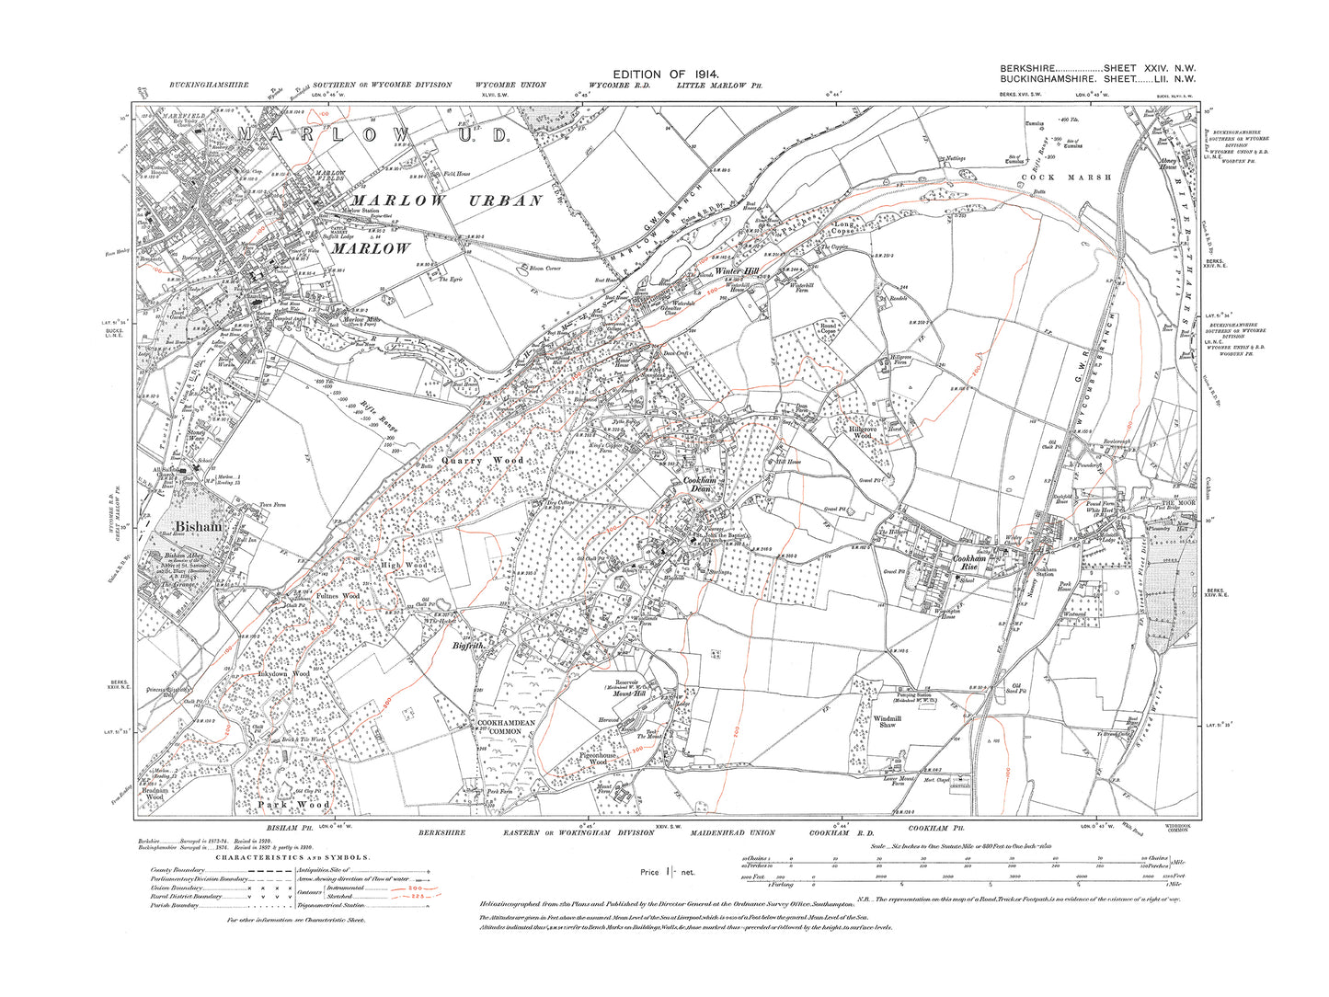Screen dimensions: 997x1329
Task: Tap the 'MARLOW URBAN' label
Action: tap(447, 201)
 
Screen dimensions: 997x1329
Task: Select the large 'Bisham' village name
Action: tap(198, 527)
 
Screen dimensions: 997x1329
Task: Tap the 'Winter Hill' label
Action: tap(739, 271)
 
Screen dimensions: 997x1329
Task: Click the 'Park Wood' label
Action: tap(292, 805)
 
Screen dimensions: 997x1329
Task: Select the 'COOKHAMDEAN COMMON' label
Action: tap(505, 728)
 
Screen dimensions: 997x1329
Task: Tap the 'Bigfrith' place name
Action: tap(468, 647)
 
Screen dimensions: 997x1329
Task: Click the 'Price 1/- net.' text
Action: tap(668, 871)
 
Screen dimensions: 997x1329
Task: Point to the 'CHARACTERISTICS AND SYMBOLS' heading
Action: tap(292, 857)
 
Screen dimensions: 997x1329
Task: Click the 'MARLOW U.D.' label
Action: tap(372, 134)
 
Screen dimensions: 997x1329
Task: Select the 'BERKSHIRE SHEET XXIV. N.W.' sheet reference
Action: tap(1095, 69)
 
